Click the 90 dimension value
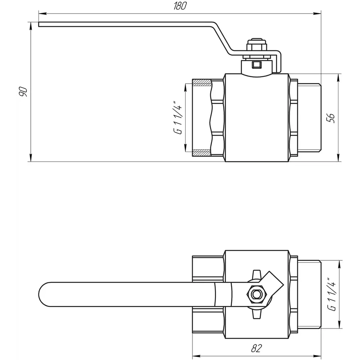tap(23, 92)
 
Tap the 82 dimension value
tap(257, 348)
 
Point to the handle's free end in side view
tap(40, 24)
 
